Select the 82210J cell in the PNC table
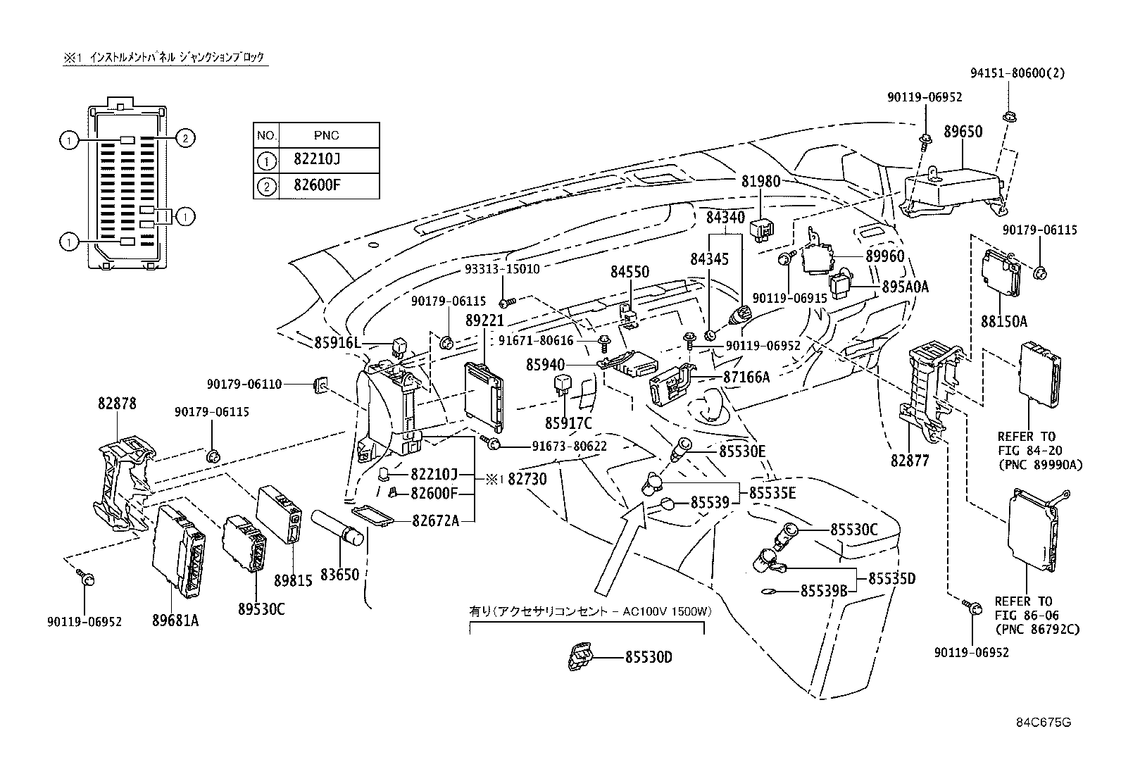316,161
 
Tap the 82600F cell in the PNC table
316,186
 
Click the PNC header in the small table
328,135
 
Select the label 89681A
175,620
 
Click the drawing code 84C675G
1043,722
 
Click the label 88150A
1003,322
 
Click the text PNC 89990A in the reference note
1039,465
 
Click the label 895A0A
906,287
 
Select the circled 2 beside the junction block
184,138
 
